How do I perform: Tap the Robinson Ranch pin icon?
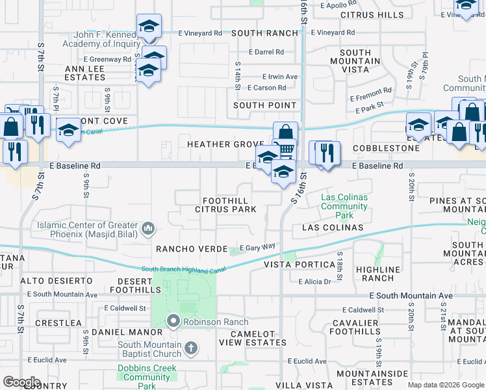point(173,320)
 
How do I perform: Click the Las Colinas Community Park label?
point(344,205)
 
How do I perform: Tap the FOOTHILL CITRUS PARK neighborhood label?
point(225,205)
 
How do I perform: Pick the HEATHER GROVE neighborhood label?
point(225,144)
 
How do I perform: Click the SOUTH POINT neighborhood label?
point(264,105)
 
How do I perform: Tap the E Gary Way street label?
point(258,248)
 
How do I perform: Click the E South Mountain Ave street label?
point(411,296)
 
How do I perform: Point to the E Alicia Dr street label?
point(315,281)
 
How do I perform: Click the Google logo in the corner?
point(21,382)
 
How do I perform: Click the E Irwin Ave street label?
point(280,77)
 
